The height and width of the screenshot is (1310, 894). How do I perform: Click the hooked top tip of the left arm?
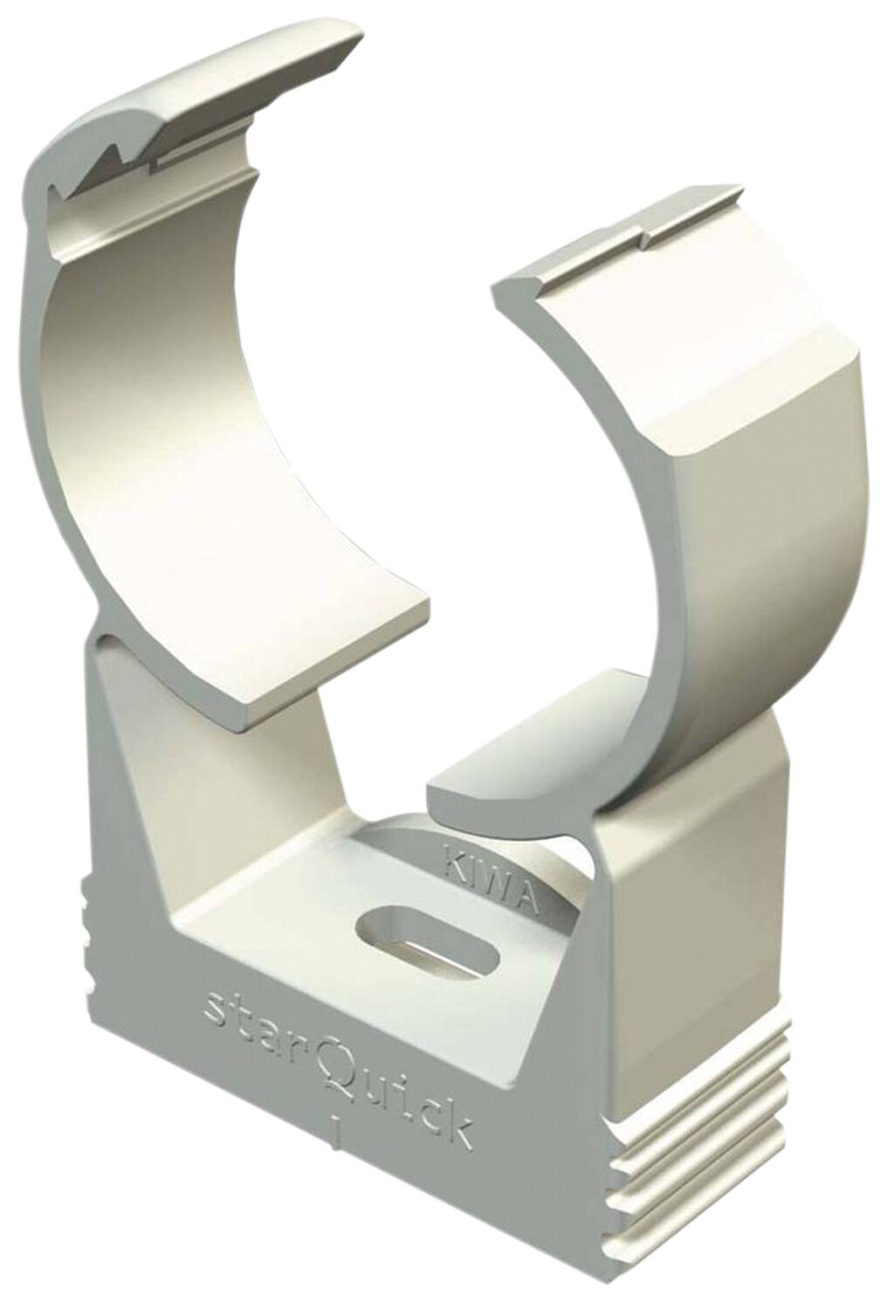tap(349, 35)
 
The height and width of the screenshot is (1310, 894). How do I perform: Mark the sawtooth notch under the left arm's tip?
tap(113, 162)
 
